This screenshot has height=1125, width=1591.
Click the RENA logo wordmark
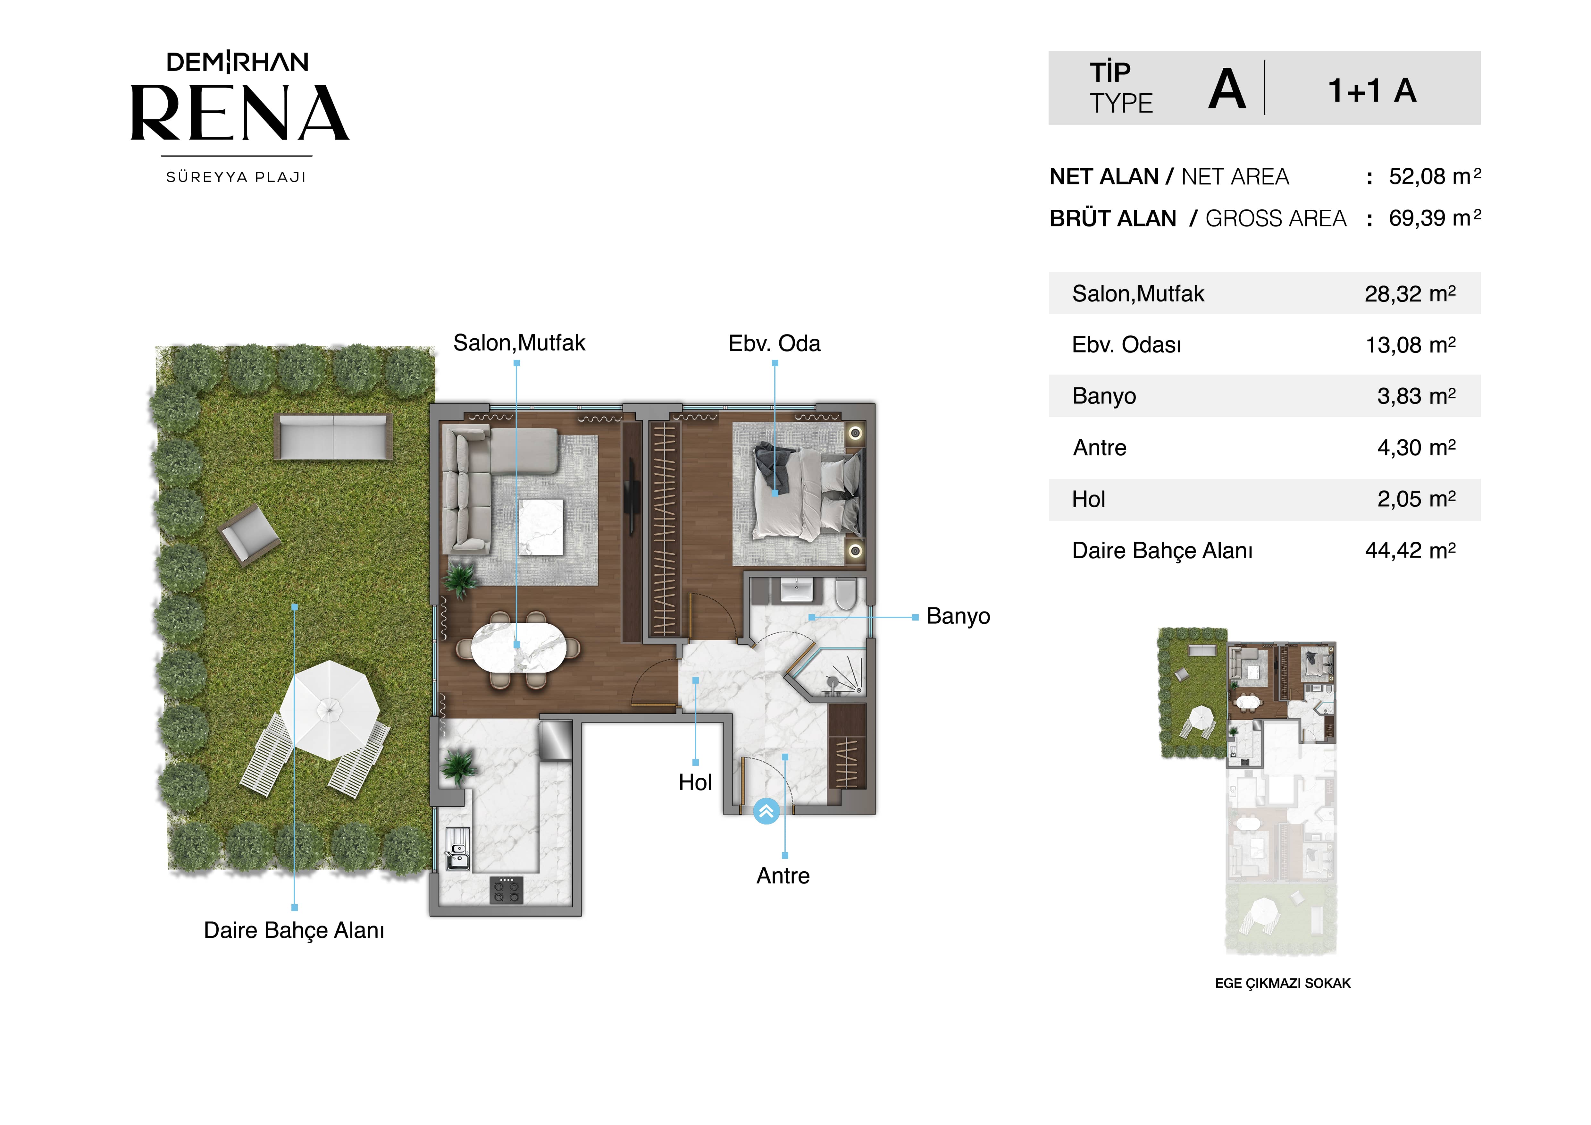point(240,113)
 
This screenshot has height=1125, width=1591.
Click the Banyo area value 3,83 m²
point(1416,396)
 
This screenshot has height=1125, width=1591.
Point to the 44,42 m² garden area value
point(1410,550)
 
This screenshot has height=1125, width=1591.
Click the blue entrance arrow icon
point(766,812)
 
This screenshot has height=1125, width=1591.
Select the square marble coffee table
point(541,527)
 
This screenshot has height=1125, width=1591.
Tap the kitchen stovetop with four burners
point(507,890)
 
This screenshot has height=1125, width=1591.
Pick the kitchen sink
point(457,849)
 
